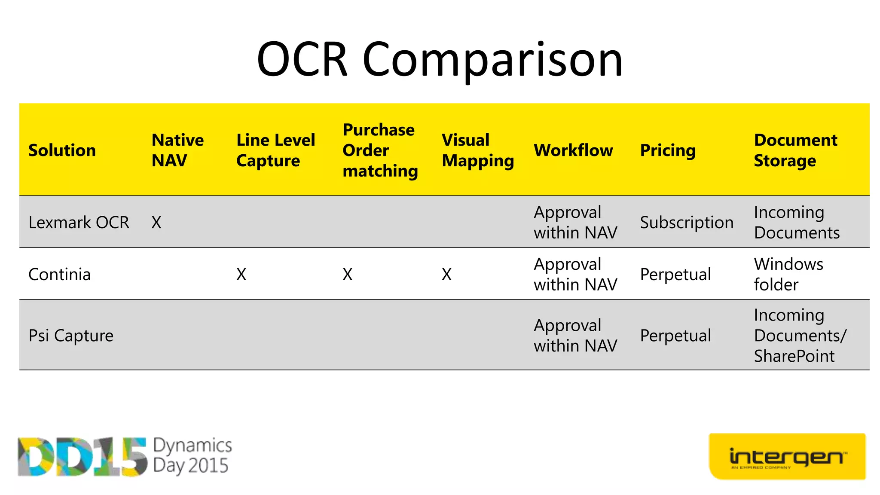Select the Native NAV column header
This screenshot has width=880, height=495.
pos(177,150)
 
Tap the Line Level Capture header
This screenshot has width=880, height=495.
pos(275,150)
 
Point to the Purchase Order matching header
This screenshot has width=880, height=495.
pos(380,150)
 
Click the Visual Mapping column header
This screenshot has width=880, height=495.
pos(477,150)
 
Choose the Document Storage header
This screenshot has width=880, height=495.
pos(795,150)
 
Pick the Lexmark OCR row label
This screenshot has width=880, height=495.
pos(79,223)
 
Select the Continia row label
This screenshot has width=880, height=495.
pos(59,275)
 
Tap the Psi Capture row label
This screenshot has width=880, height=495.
pos(71,336)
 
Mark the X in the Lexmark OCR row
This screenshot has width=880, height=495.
pos(156,223)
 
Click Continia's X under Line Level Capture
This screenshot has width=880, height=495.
pos(241,275)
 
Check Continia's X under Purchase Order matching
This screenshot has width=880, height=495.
pos(347,275)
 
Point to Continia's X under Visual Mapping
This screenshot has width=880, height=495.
pos(446,275)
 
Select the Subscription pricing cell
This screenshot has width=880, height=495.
pos(686,223)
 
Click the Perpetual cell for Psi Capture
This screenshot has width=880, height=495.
pos(675,336)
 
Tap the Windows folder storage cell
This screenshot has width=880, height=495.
pos(788,275)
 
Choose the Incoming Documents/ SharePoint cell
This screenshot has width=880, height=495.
pos(799,336)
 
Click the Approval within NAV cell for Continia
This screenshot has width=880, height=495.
pos(575,275)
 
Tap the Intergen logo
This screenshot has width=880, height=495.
pos(787,457)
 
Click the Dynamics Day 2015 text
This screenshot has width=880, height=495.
pos(192,455)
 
